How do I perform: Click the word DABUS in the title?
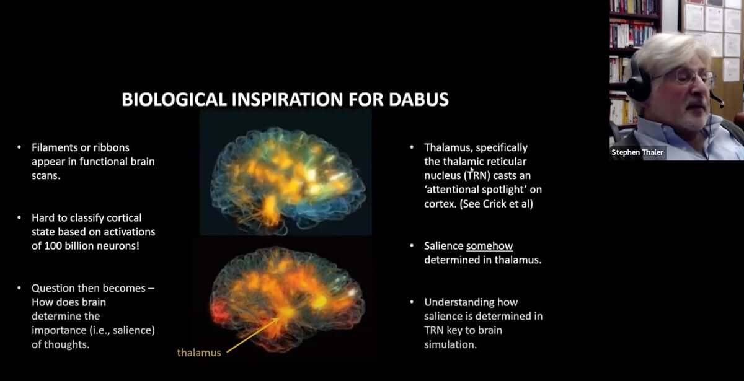418,99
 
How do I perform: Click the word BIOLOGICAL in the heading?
174,99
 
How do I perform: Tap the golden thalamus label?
199,353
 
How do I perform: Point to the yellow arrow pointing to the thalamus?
253,335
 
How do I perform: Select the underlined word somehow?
490,246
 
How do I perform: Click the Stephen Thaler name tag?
637,152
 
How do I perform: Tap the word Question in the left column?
53,288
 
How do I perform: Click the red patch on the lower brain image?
220,312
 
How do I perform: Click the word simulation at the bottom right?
450,344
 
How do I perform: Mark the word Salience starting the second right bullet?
443,246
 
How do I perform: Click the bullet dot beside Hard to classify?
19,217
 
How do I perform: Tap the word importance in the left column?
59,331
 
